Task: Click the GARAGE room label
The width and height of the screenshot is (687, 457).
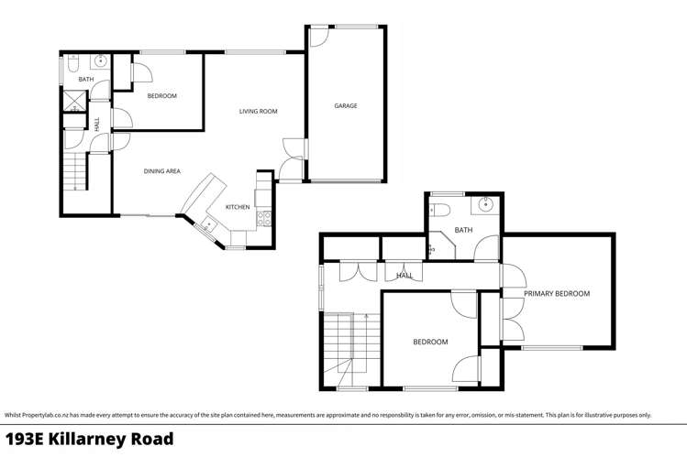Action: pyautogui.click(x=345, y=106)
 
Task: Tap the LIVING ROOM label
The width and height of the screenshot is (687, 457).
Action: pyautogui.click(x=258, y=112)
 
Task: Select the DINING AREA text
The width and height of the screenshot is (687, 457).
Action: pyautogui.click(x=161, y=171)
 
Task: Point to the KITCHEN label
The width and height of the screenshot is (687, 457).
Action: pyautogui.click(x=238, y=207)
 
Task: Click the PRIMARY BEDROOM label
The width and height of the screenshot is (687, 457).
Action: pyautogui.click(x=556, y=294)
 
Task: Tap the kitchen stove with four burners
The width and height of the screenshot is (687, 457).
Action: pyautogui.click(x=264, y=218)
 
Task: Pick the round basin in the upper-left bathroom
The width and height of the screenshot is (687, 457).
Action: pyautogui.click(x=101, y=62)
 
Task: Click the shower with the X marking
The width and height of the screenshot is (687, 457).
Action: pyautogui.click(x=73, y=101)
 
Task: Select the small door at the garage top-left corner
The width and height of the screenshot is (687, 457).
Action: pyautogui.click(x=317, y=37)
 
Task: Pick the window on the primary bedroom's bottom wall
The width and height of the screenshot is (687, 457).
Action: pyautogui.click(x=551, y=348)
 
